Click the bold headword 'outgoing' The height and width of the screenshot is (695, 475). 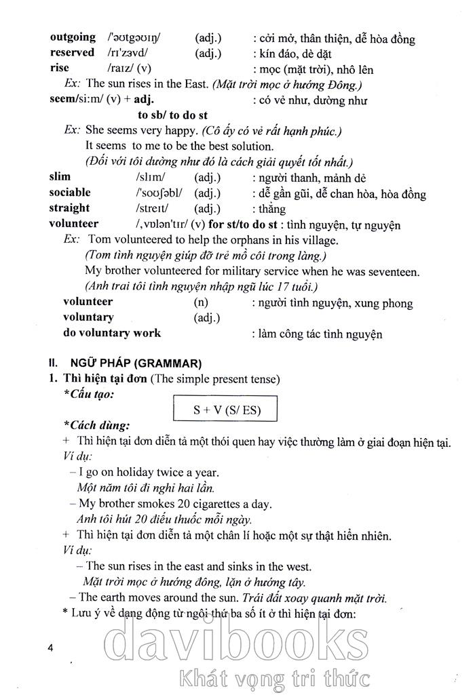point(73,39)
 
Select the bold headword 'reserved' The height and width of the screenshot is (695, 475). point(72,53)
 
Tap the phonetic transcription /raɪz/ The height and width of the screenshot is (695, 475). point(120,68)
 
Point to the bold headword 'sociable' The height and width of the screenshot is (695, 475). point(70,193)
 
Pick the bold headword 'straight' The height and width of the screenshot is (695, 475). point(69,208)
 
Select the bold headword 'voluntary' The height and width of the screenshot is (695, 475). point(88,317)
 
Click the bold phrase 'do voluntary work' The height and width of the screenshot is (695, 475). point(112,333)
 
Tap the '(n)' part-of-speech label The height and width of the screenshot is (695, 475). point(202,302)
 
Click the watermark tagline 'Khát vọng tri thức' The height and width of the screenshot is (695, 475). point(271,677)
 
